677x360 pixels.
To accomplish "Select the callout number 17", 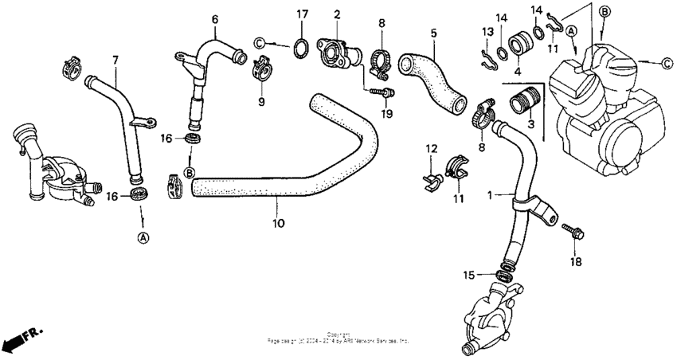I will point(302,14).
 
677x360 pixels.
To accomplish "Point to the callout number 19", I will point(388,114).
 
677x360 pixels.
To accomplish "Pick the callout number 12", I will point(431,149).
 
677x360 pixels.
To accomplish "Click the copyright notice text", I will point(338,338).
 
